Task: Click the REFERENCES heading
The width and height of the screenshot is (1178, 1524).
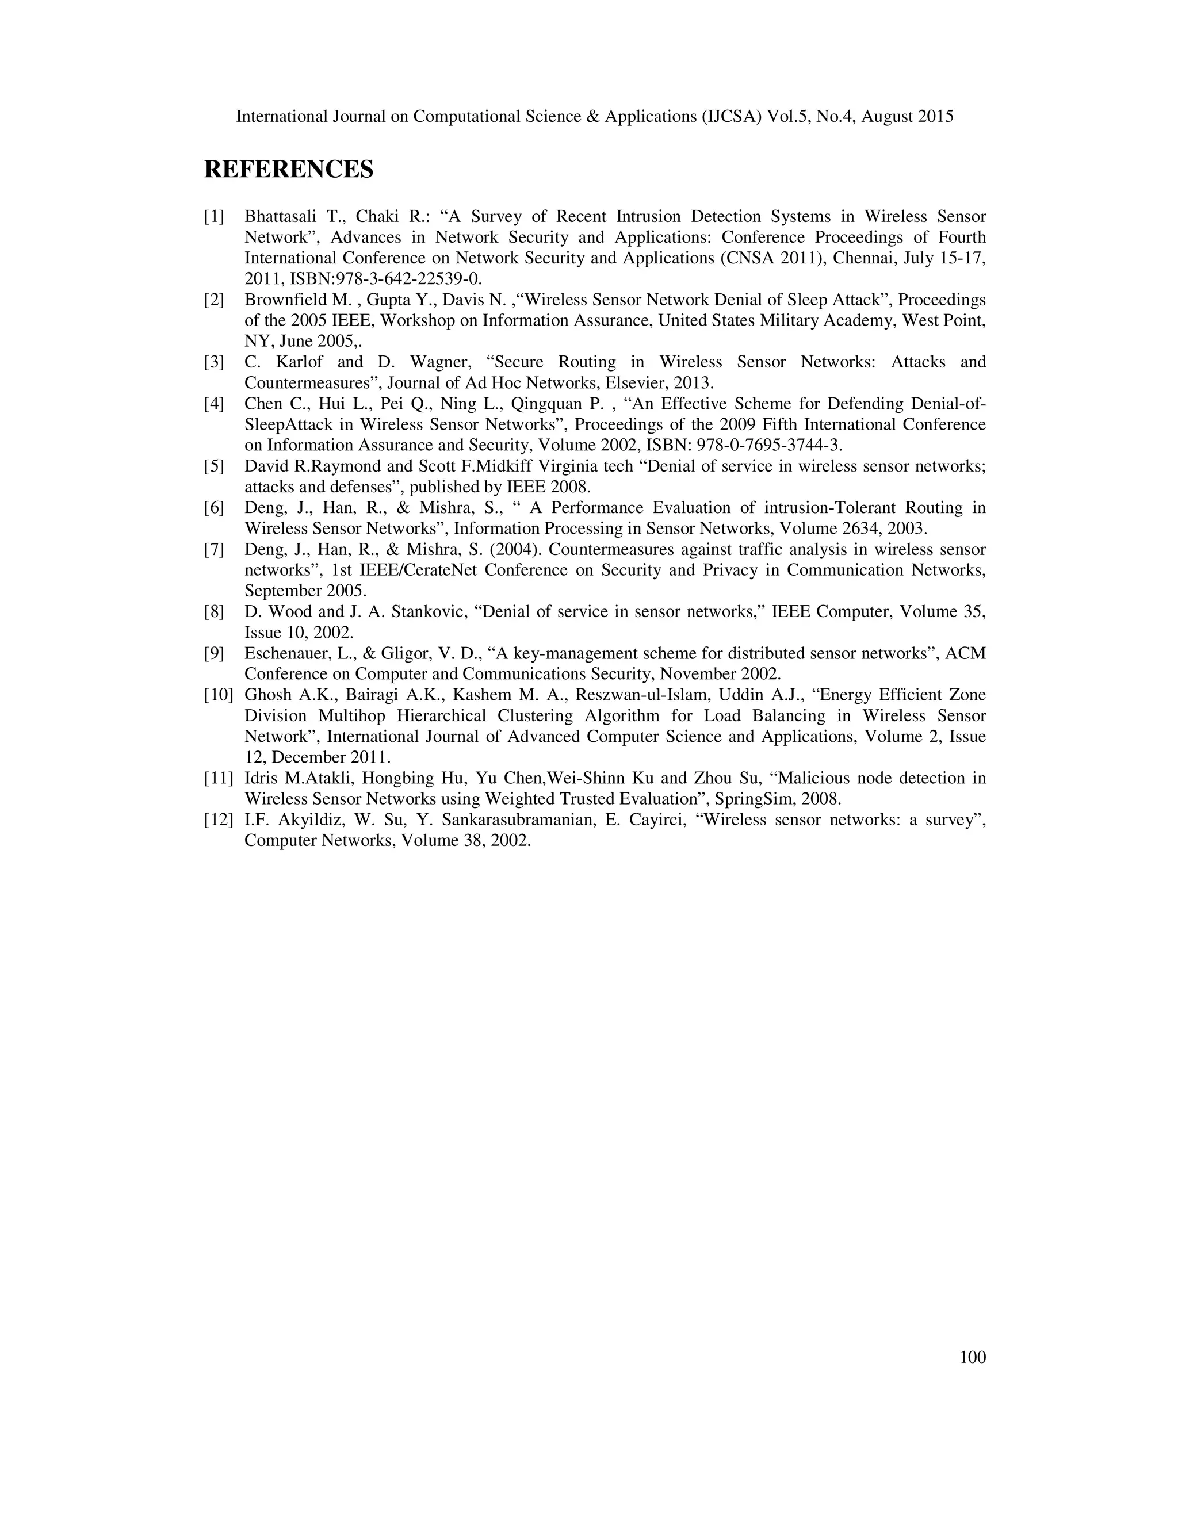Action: click(288, 170)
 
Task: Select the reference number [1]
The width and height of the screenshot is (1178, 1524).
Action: click(214, 217)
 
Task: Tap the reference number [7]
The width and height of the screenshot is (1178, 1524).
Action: click(214, 550)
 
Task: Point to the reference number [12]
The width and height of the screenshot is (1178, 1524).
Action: click(219, 820)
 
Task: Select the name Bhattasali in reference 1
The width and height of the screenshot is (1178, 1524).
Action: click(280, 217)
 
